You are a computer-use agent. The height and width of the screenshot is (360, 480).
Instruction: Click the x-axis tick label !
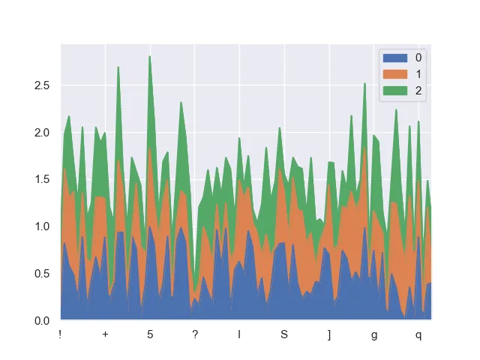pyautogui.click(x=60, y=334)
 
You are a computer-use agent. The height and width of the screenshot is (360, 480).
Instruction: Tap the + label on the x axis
pyautogui.click(x=105, y=334)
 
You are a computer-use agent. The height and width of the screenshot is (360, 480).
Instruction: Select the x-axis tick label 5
pyautogui.click(x=150, y=334)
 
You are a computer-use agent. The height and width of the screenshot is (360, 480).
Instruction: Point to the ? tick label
pyautogui.click(x=195, y=334)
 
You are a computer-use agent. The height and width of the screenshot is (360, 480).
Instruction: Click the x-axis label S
pyautogui.click(x=284, y=334)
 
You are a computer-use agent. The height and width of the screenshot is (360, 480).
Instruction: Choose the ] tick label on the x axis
pyautogui.click(x=329, y=334)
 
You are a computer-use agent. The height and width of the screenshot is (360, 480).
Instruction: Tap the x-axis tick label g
pyautogui.click(x=374, y=334)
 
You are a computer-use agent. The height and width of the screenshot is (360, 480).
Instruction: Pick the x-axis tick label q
pyautogui.click(x=418, y=334)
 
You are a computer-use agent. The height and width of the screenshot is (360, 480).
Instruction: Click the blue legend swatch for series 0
pyautogui.click(x=395, y=58)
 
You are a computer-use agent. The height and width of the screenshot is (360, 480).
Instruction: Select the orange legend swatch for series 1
pyautogui.click(x=395, y=74)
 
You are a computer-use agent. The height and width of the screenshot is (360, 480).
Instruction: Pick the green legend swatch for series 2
pyautogui.click(x=395, y=91)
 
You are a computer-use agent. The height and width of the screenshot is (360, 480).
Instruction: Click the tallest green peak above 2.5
pyautogui.click(x=149, y=56)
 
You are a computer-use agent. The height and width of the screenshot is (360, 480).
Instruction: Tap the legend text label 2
pyautogui.click(x=418, y=91)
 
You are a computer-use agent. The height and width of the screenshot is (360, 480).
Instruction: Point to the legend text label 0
pyautogui.click(x=418, y=58)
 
